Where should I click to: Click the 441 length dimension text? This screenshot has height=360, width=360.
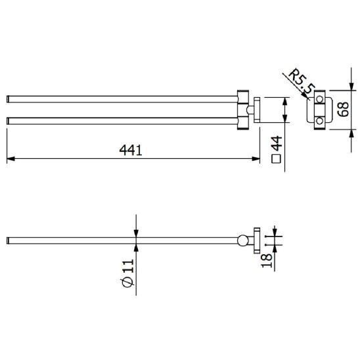[131, 150]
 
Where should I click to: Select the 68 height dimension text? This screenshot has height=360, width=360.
[343, 109]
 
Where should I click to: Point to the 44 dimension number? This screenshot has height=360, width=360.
[277, 143]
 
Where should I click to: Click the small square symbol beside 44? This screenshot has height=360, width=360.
[276, 158]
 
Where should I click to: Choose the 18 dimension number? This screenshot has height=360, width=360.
[267, 261]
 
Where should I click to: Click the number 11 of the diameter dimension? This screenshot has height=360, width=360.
[128, 266]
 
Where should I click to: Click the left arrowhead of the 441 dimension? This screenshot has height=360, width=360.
[11, 158]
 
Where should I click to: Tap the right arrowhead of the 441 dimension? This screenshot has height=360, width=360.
[256, 158]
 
